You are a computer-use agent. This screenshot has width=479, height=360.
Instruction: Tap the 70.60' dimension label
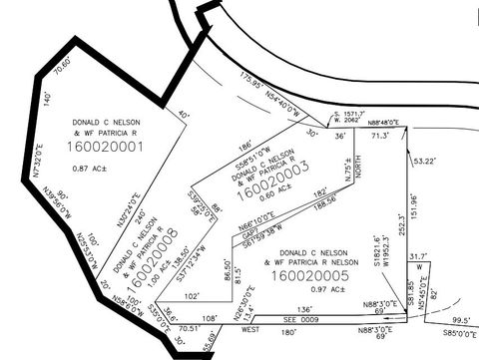tap(63, 73)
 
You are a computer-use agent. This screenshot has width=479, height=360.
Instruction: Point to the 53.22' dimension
tap(425, 161)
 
